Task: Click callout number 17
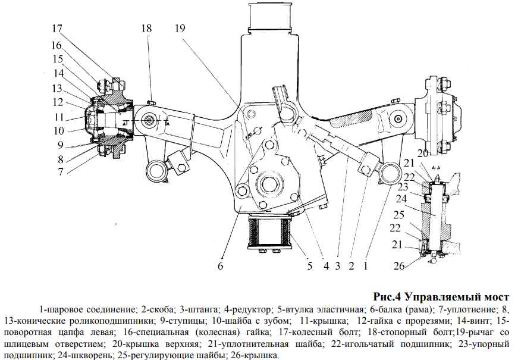coord(57,28)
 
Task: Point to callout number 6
coord(219,266)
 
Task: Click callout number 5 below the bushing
coord(309,266)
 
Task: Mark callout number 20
coord(422,154)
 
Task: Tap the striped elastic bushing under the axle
coord(270,233)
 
